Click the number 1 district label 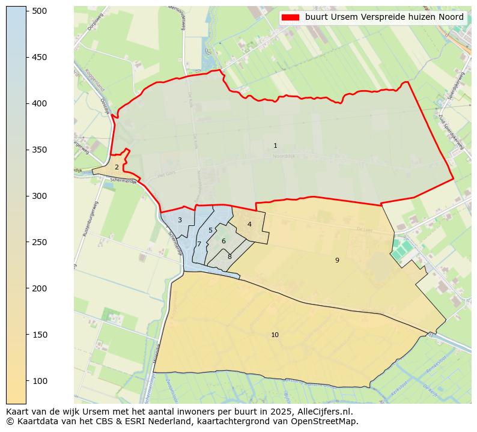275,146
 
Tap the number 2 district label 117,168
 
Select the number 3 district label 180,221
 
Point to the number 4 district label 249,225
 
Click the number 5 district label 210,231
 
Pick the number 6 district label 223,242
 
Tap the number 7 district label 199,245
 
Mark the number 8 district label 229,257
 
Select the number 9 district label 337,260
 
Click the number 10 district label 275,335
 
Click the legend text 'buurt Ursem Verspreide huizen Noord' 384,17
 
